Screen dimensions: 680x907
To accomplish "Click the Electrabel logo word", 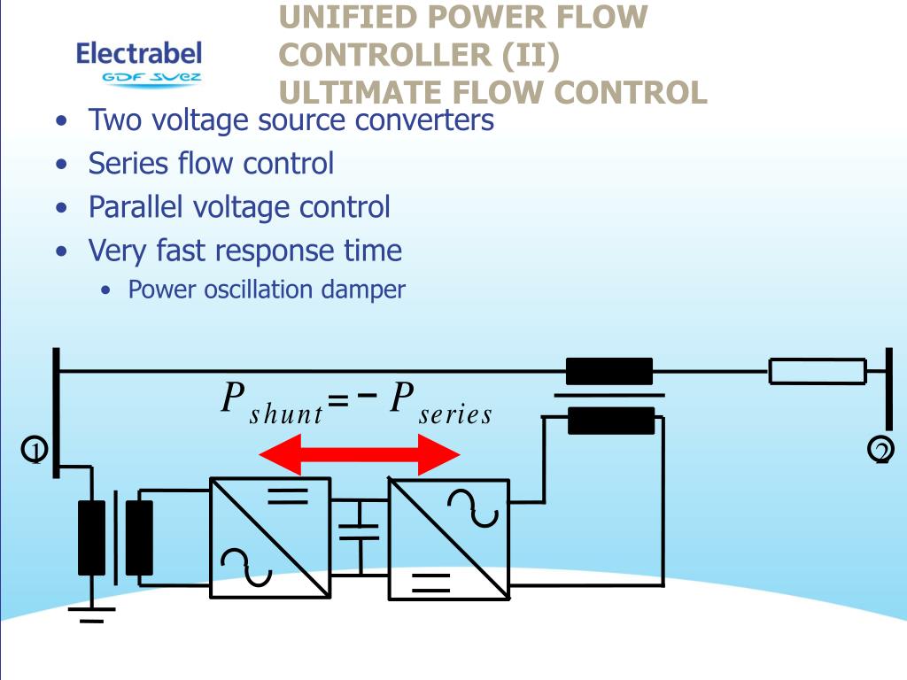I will pos(139,53).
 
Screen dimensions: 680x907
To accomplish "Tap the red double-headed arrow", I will pos(360,456).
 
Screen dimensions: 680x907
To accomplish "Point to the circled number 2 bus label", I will pos(880,451).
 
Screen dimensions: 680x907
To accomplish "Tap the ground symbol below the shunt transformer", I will pos(90,614).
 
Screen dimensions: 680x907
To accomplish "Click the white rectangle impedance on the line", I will pos(817,371).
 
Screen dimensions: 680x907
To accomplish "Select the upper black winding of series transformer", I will pos(609,371).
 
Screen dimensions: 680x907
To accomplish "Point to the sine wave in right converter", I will pos(472,507).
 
